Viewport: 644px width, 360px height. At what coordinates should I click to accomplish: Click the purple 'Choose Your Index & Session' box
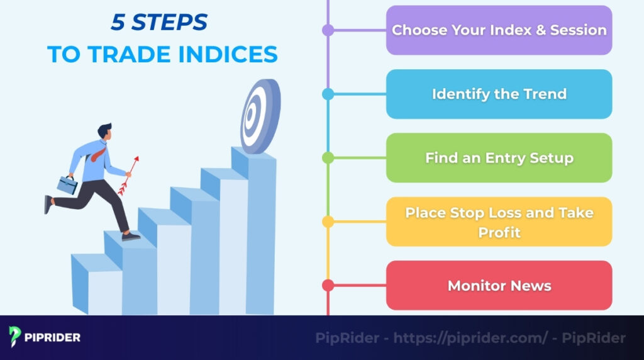(x=499, y=30)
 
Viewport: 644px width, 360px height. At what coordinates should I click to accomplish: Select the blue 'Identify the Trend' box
(x=499, y=94)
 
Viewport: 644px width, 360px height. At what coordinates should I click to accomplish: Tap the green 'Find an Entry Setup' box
(x=499, y=158)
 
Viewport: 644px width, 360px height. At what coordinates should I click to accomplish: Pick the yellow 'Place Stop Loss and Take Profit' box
(x=499, y=222)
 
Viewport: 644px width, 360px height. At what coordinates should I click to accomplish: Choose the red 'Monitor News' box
(x=499, y=286)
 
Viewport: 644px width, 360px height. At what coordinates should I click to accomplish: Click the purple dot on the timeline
(x=328, y=30)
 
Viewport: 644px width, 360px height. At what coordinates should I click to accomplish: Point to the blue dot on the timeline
(x=328, y=94)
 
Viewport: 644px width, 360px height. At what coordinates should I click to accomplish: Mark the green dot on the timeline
(x=328, y=158)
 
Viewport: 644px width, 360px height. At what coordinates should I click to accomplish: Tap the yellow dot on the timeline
(x=328, y=222)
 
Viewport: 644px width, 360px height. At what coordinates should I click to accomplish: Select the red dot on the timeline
(x=328, y=286)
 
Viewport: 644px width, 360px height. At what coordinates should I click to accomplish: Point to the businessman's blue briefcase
(x=67, y=184)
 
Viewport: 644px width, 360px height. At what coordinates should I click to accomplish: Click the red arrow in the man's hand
(x=128, y=176)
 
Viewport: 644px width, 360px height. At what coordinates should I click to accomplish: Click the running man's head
(x=104, y=132)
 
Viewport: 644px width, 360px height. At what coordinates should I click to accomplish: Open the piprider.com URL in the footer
(x=471, y=338)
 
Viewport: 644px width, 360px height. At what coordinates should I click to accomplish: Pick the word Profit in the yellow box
(x=499, y=232)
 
